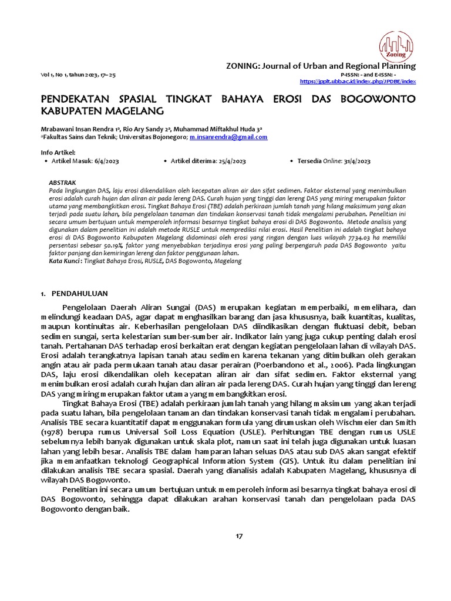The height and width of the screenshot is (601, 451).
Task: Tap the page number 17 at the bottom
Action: coord(238,536)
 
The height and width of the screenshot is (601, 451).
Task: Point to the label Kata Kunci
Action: coord(64,259)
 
